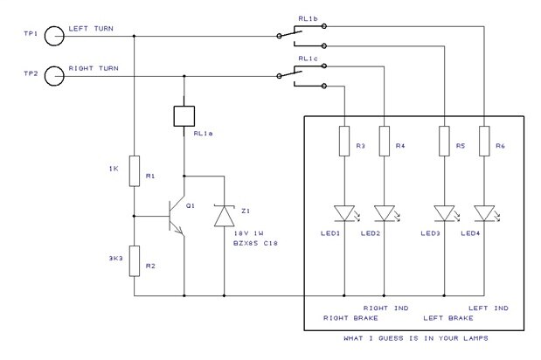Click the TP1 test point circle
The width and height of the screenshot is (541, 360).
pyautogui.click(x=54, y=36)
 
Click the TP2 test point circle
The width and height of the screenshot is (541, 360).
pyautogui.click(x=54, y=76)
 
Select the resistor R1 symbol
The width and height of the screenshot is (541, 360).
pyautogui.click(x=134, y=171)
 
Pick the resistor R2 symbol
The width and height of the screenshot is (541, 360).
pyautogui.click(x=134, y=260)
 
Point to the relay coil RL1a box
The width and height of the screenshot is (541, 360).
pyautogui.click(x=184, y=116)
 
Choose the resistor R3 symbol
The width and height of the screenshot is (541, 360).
pyautogui.click(x=343, y=142)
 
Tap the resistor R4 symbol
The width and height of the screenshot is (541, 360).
pyautogui.click(x=383, y=142)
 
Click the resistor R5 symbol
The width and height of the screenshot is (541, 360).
pyautogui.click(x=443, y=142)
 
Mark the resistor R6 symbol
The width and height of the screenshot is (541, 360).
pyautogui.click(x=482, y=142)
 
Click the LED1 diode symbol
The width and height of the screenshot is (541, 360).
pyautogui.click(x=343, y=212)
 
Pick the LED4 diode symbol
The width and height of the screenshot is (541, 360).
pyautogui.click(x=482, y=212)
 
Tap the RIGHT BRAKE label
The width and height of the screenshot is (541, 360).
pyautogui.click(x=350, y=318)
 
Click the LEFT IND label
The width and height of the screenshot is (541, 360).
pyautogui.click(x=489, y=308)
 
